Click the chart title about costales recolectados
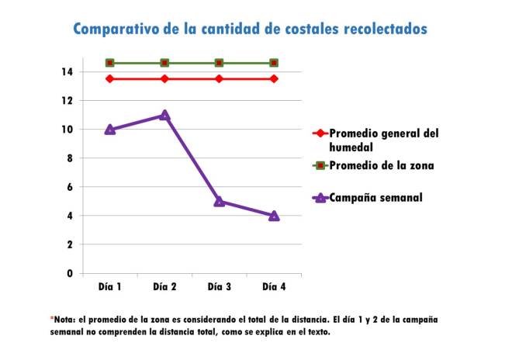250,29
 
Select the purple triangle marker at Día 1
110,130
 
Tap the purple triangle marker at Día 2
164,115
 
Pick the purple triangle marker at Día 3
220,201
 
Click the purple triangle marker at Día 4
274,216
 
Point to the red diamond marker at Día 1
110,78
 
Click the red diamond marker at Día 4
274,78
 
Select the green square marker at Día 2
164,63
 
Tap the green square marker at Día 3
220,63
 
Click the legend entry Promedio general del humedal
384,140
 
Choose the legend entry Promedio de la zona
380,165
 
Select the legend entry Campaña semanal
375,197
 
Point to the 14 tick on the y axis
67,72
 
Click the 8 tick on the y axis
70,158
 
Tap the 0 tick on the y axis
70,273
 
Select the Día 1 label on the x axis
110,286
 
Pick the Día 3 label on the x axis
220,286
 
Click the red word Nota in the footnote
64,320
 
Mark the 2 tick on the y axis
70,244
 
